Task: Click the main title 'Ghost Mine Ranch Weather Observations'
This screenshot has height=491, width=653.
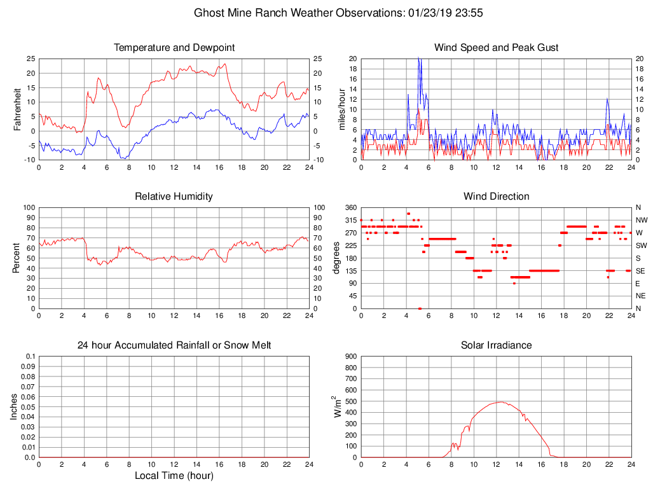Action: click(x=297, y=13)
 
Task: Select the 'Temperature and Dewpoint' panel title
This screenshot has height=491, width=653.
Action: click(x=174, y=48)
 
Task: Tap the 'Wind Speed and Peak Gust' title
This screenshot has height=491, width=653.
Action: click(x=496, y=48)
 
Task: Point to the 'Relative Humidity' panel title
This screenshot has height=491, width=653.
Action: click(x=174, y=197)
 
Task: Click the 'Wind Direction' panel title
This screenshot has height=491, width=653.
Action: click(x=496, y=197)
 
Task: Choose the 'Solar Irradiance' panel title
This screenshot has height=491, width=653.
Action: click(x=496, y=345)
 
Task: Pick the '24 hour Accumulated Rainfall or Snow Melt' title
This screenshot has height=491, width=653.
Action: click(x=174, y=345)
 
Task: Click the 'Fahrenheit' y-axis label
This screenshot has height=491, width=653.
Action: click(x=17, y=109)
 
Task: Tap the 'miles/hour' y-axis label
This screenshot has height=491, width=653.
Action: click(x=341, y=109)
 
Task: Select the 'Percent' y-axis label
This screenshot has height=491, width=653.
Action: click(x=17, y=258)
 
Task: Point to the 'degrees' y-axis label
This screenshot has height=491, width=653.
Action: click(x=336, y=258)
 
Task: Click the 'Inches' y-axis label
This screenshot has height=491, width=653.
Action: click(x=14, y=406)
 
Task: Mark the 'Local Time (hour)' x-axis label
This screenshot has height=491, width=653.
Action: click(x=174, y=476)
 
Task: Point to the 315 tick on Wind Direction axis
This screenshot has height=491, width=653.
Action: click(x=350, y=220)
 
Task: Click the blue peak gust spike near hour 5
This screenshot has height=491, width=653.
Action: click(x=418, y=59)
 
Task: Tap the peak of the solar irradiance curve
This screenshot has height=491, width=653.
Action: click(x=500, y=402)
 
